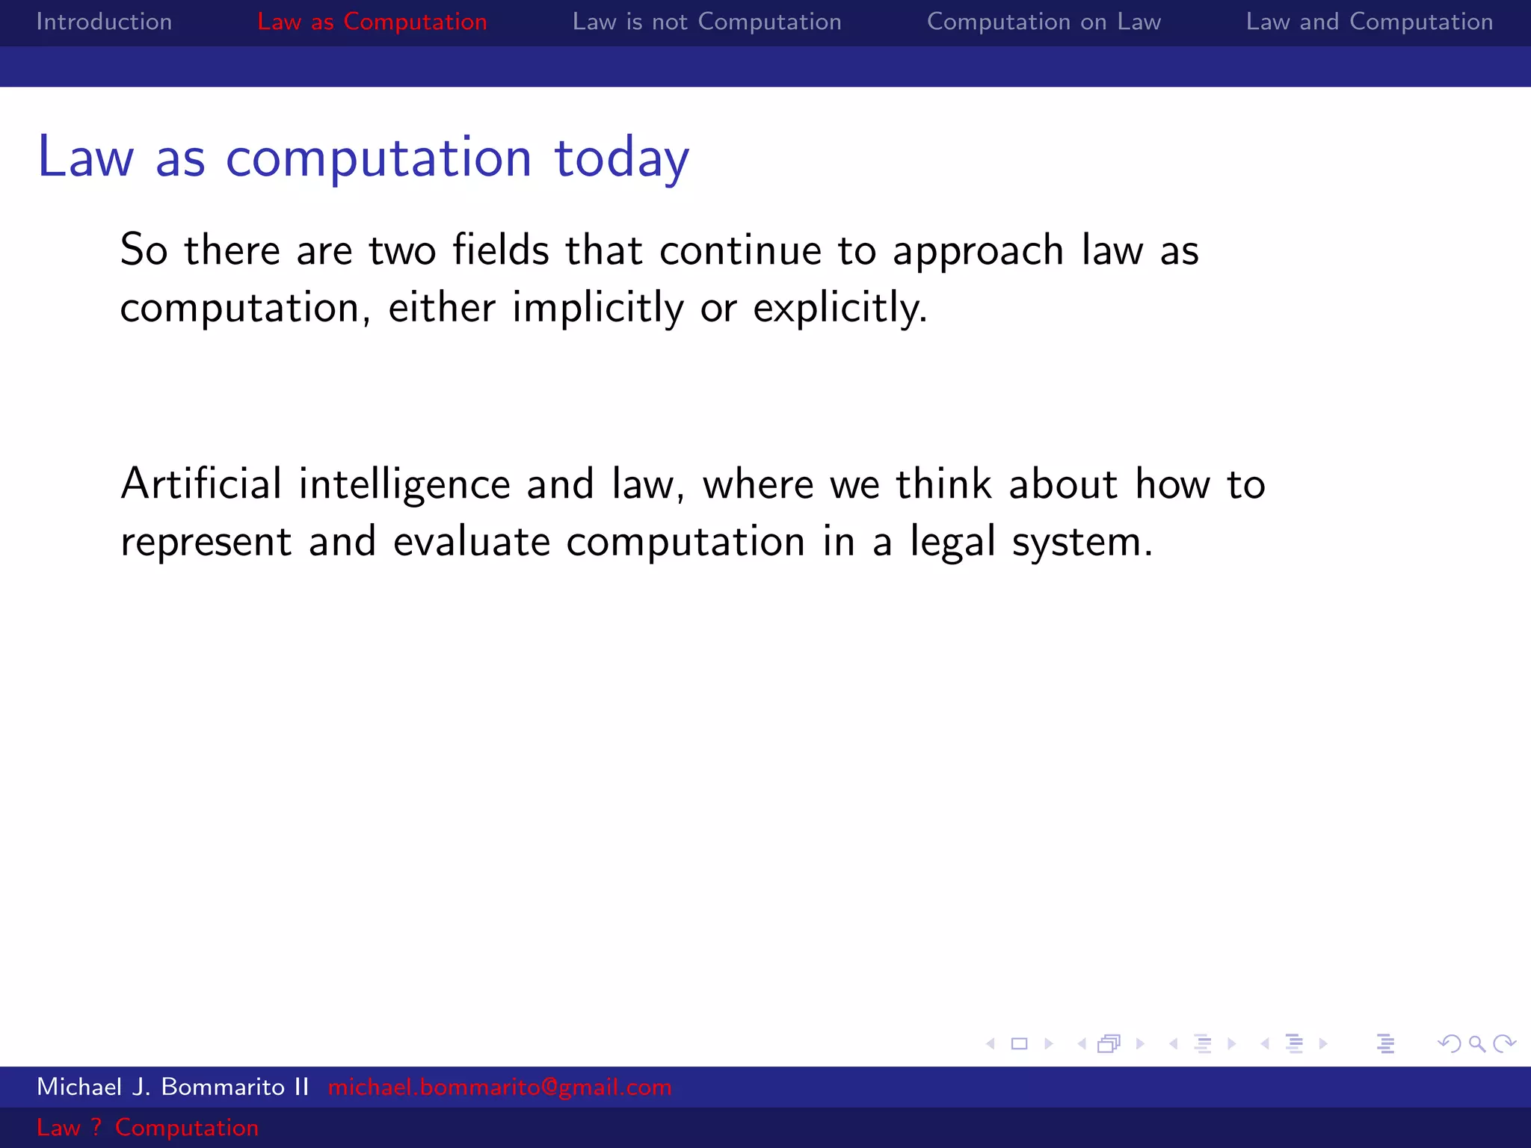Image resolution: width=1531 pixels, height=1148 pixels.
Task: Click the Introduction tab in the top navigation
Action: click(104, 22)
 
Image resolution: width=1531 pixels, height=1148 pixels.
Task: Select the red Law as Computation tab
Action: click(372, 22)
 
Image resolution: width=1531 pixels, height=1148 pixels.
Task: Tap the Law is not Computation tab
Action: click(706, 22)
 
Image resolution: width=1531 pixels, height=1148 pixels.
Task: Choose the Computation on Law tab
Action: click(1044, 22)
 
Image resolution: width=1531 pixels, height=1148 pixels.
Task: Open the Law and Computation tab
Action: click(1369, 22)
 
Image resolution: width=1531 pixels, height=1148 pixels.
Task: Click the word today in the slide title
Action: click(621, 158)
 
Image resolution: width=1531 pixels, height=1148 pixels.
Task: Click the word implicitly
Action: click(597, 308)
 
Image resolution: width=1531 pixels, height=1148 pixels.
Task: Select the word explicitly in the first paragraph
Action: click(840, 308)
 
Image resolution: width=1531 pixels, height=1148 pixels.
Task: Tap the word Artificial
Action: click(201, 484)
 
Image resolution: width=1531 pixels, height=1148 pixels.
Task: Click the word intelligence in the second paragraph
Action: click(404, 485)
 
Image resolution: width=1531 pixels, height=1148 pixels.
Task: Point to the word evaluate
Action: click(472, 541)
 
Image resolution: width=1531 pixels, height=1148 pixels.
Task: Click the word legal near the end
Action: click(952, 543)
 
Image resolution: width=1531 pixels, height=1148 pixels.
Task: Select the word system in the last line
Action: click(1082, 543)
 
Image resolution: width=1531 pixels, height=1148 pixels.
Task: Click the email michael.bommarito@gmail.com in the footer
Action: click(499, 1087)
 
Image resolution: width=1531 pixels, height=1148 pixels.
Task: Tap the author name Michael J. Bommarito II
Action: click(173, 1087)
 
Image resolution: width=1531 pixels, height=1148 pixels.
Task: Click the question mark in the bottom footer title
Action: click(96, 1127)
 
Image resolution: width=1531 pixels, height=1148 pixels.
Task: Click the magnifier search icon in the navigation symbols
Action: click(1476, 1043)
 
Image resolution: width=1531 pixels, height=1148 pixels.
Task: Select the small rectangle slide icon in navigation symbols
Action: click(1019, 1043)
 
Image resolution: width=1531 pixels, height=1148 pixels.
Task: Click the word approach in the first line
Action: click(978, 251)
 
